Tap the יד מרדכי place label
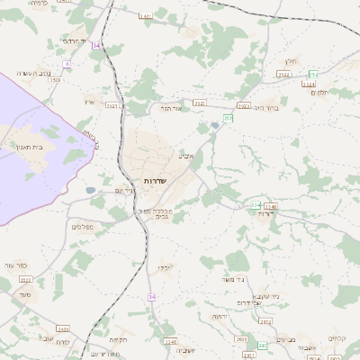[72, 41]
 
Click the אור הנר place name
[172, 107]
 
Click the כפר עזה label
[15, 265]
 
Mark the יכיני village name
[162, 267]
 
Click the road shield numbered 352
[313, 75]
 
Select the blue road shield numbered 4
[67, 64]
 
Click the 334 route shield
[256, 205]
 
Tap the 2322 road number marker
[283, 75]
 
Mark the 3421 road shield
[146, 16]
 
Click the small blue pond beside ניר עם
[90, 191]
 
